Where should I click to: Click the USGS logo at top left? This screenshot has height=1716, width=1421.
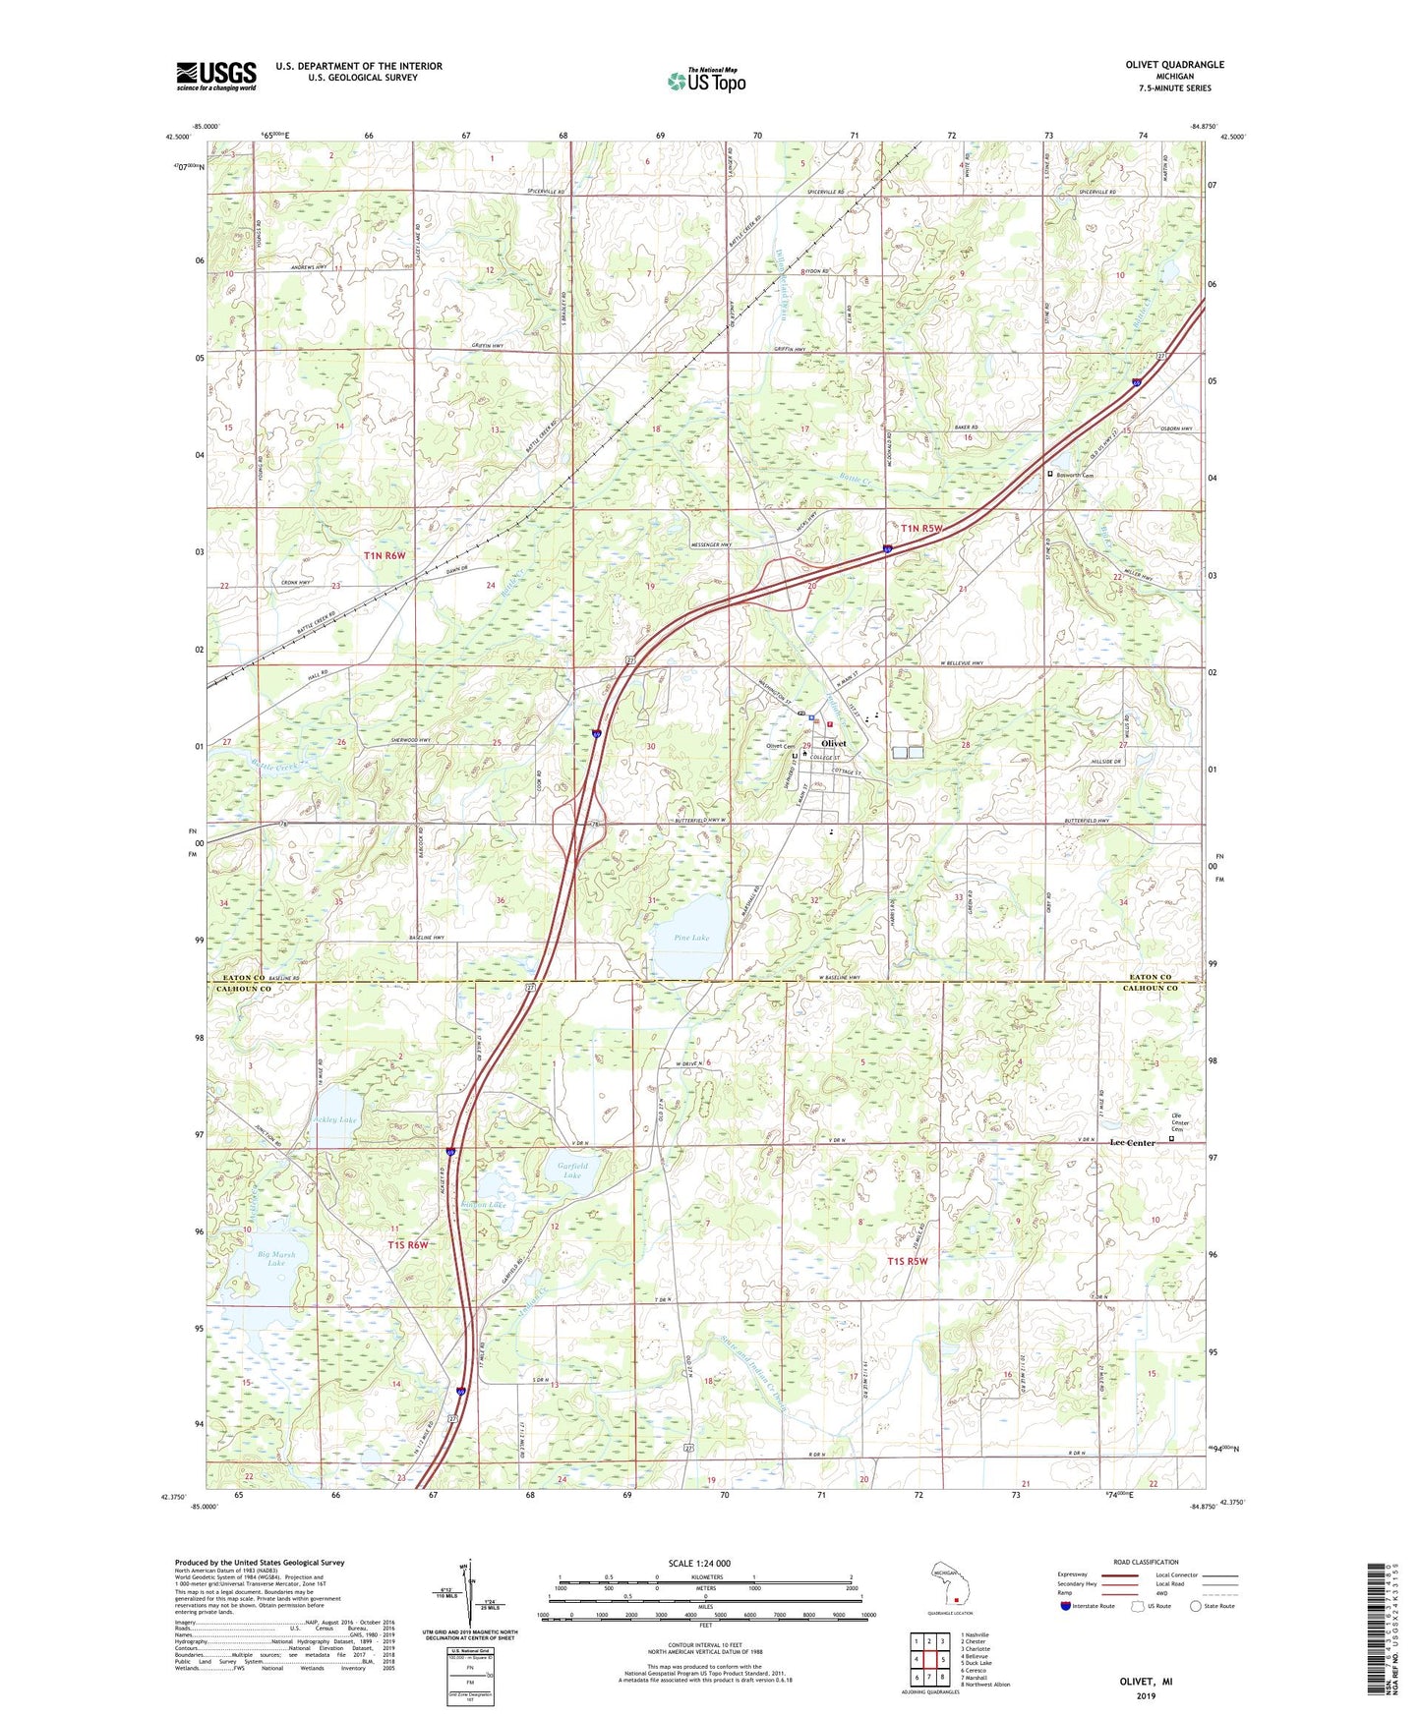pyautogui.click(x=216, y=76)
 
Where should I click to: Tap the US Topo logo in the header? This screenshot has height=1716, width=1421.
pyautogui.click(x=706, y=81)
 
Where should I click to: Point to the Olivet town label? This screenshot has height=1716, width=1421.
pyautogui.click(x=833, y=744)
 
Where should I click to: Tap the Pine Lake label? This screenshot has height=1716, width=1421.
pyautogui.click(x=692, y=938)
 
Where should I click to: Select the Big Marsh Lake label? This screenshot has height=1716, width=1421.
pyautogui.click(x=276, y=1259)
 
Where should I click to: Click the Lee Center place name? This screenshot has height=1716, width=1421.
pyautogui.click(x=1132, y=1143)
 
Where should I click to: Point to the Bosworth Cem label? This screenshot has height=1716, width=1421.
pyautogui.click(x=1075, y=475)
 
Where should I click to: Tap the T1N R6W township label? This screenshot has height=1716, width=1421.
pyautogui.click(x=385, y=555)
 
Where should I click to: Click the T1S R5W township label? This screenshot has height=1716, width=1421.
pyautogui.click(x=907, y=1260)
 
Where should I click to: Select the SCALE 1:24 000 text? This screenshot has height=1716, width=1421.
pyautogui.click(x=699, y=1564)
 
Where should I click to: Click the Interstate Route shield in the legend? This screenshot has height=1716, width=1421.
pyautogui.click(x=1067, y=1607)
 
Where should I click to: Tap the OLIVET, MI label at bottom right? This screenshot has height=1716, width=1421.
pyautogui.click(x=1146, y=1682)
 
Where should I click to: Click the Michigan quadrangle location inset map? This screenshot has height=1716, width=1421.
pyautogui.click(x=949, y=1584)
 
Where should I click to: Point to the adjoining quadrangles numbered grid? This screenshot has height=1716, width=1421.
pyautogui.click(x=929, y=1661)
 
